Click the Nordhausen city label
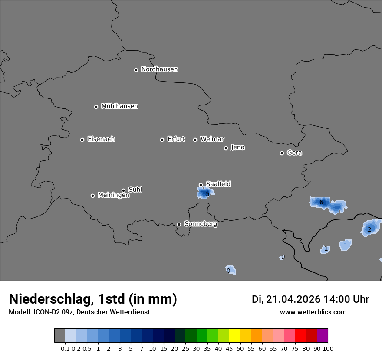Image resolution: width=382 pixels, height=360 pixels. [x=159, y=69]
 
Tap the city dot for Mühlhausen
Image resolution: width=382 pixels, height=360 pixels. [x=96, y=107]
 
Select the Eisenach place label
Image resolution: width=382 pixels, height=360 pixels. [x=101, y=139]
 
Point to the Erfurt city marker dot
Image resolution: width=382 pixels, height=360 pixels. [x=162, y=140]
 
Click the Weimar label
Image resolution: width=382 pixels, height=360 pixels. [x=212, y=139]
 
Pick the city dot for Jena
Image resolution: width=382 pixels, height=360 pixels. [x=226, y=148]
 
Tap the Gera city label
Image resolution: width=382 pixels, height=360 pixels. [x=294, y=153]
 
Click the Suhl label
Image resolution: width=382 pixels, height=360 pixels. [x=135, y=190]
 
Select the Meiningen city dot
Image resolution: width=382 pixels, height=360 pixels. [x=92, y=196]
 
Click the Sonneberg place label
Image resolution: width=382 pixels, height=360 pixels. [x=201, y=224]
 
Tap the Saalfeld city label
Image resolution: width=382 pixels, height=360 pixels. [x=218, y=184]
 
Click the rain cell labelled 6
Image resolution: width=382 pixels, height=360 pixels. [x=321, y=202]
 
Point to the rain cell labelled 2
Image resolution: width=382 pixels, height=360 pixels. [x=369, y=229]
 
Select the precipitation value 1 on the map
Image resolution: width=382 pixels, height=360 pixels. [x=326, y=249]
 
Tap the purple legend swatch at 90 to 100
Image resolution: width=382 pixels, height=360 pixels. [x=323, y=336]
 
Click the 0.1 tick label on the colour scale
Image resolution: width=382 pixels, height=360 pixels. [x=65, y=348]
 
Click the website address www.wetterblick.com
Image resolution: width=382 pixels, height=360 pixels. [x=313, y=312]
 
